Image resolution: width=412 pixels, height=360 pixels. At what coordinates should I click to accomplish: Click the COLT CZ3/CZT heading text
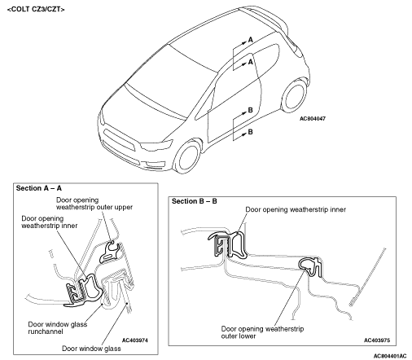(36, 9)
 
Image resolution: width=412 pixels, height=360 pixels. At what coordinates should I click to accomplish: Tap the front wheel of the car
(188, 156)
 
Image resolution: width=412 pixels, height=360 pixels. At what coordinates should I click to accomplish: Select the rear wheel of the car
(295, 95)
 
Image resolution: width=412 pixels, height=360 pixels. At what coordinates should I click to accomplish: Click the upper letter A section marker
(250, 40)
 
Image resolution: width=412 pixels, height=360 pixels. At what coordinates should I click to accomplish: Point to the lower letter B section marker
(250, 132)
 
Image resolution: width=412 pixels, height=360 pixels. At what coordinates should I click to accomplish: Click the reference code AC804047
(313, 119)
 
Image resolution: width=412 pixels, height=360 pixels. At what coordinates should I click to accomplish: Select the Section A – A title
(39, 188)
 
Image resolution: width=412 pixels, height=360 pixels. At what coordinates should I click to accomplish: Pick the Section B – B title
(195, 201)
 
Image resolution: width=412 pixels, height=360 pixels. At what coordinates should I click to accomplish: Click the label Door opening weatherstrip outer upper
(94, 204)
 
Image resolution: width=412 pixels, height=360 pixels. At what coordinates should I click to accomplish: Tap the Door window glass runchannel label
(58, 327)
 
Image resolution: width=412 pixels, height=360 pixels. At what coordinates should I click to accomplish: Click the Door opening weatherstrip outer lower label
(262, 332)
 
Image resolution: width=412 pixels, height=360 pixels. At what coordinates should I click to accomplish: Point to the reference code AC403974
(135, 340)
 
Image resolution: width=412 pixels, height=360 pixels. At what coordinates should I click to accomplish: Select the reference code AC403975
(377, 340)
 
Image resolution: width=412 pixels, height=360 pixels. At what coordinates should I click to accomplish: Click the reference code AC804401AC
(390, 356)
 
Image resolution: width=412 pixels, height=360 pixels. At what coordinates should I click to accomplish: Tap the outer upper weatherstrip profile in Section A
(109, 252)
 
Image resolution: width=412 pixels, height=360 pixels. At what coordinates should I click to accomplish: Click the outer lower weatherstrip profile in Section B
(311, 267)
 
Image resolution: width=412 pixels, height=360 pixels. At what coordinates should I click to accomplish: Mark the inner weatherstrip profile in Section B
(228, 244)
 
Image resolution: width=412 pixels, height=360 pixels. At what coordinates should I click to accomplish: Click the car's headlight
(157, 145)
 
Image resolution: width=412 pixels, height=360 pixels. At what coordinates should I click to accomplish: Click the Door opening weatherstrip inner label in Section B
(296, 209)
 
